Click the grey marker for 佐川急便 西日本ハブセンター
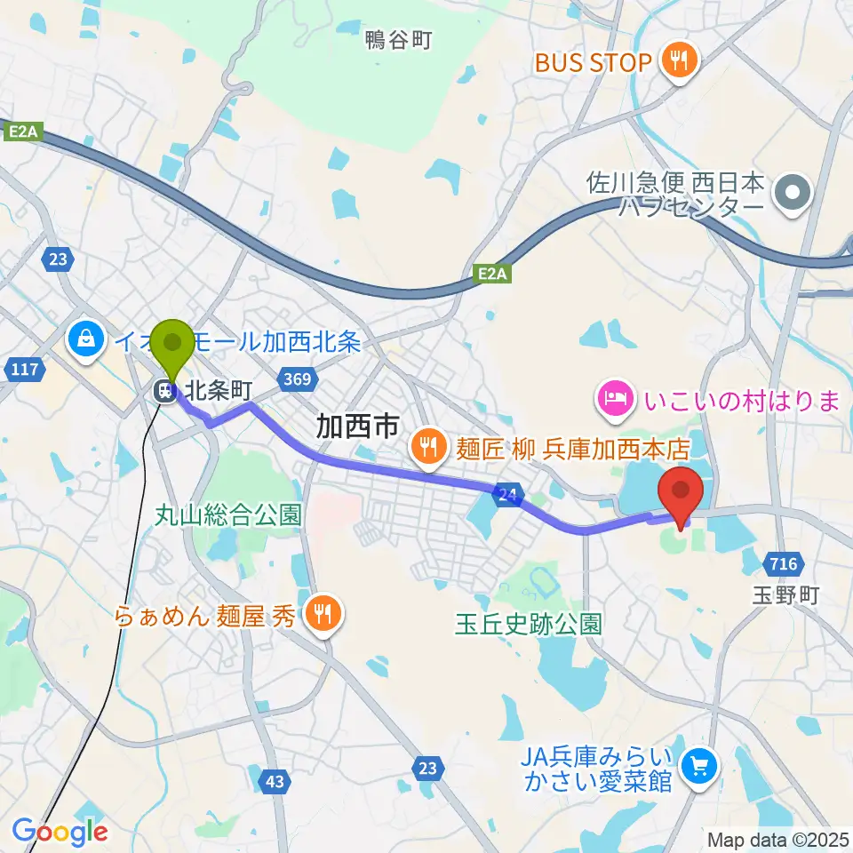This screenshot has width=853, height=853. click(x=788, y=193)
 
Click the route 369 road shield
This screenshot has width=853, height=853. click(x=297, y=380)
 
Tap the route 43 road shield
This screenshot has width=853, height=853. click(x=275, y=782)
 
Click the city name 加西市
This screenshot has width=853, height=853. click(x=357, y=427)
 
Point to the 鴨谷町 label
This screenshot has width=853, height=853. click(x=398, y=40)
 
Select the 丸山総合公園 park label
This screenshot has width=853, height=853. click(x=229, y=514)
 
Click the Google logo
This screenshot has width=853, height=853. click(x=60, y=831)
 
